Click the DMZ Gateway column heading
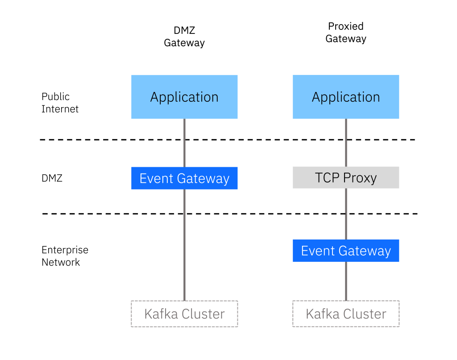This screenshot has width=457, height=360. coord(184,37)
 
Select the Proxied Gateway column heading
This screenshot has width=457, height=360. coord(345,33)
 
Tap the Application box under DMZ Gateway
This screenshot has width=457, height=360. coord(184,97)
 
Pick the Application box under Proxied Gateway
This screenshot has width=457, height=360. coord(345,97)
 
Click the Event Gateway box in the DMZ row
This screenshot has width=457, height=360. coord(184,178)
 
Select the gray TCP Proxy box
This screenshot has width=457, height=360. coord(345,178)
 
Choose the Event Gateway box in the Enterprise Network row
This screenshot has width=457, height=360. coord(345,251)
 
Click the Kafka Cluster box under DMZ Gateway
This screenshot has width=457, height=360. coord(184,314)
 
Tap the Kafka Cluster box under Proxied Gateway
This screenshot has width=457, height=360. coord(345,314)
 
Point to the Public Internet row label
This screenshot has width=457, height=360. coord(60,103)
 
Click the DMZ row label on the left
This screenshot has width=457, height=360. coord(52,178)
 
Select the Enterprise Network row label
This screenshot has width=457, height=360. coord(65,256)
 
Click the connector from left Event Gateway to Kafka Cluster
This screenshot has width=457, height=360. coord(184,245)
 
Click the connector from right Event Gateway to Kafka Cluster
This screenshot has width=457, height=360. coord(345,281)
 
